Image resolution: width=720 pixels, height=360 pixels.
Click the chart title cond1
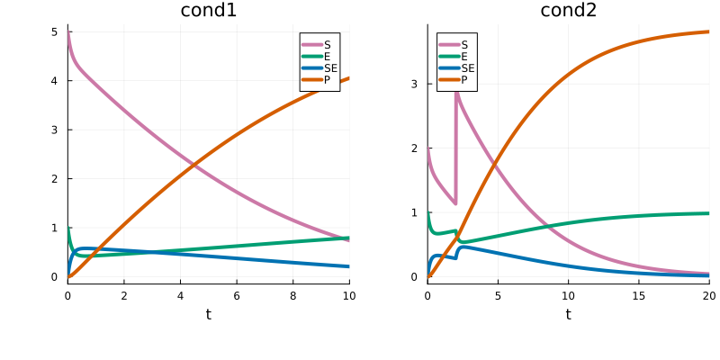[208, 11]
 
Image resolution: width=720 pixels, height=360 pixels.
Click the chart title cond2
[568, 11]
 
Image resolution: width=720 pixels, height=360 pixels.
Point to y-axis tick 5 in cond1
[55, 31]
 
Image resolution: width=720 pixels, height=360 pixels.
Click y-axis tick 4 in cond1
[55, 81]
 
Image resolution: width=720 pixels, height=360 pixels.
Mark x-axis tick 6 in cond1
[237, 294]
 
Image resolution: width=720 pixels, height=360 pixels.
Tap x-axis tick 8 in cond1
[292, 294]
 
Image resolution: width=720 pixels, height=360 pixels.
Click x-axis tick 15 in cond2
[638, 294]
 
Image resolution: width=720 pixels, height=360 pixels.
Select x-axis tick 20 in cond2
[708, 294]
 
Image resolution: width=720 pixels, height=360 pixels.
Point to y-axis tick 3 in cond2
[415, 84]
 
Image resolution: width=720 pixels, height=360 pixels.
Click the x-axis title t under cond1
[208, 314]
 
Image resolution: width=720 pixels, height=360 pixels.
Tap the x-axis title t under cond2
[568, 314]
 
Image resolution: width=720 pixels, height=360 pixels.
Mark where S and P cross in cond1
[193, 165]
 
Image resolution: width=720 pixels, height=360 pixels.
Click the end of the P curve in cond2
[708, 32]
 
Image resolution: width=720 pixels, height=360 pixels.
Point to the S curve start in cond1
[68, 32]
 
